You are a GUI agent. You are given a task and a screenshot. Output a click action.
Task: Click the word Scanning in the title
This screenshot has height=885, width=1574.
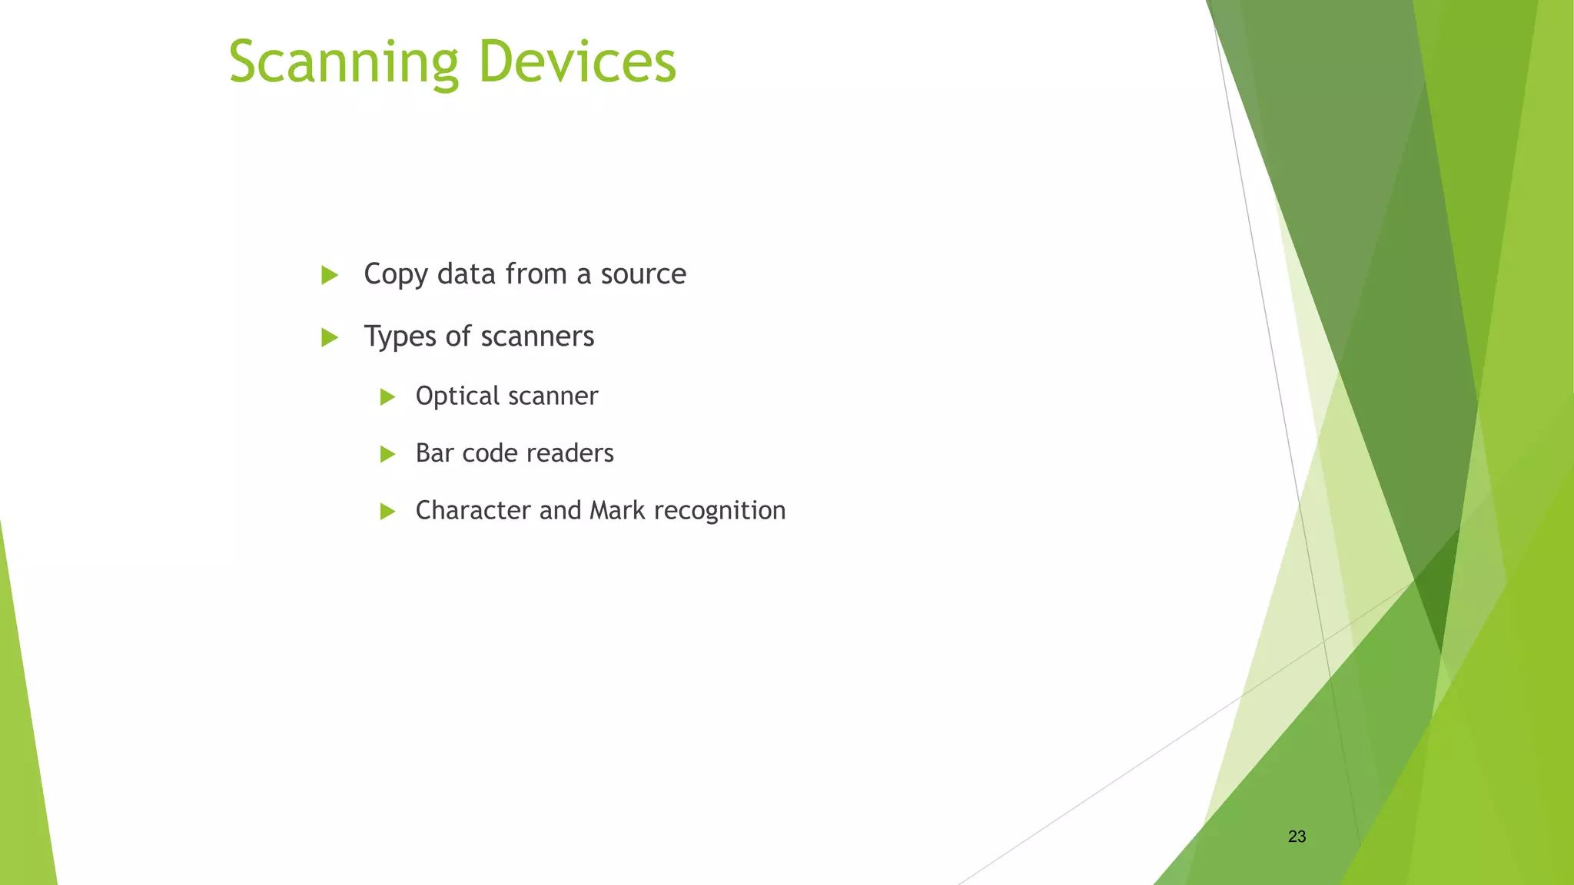tap(344, 63)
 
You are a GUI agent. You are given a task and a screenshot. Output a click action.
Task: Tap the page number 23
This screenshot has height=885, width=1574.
tap(1297, 837)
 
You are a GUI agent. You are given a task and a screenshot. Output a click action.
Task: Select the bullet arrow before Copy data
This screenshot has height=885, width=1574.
tap(330, 275)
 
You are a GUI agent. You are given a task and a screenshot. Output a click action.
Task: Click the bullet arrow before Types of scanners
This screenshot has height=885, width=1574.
tap(330, 337)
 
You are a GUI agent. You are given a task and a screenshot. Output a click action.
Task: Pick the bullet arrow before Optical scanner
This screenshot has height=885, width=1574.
tap(387, 397)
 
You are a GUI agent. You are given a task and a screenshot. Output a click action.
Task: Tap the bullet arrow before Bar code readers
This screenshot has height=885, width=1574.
tap(387, 454)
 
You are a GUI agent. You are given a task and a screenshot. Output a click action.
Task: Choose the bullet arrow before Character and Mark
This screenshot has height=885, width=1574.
tap(387, 512)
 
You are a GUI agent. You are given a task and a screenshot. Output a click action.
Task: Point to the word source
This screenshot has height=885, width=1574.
tap(643, 274)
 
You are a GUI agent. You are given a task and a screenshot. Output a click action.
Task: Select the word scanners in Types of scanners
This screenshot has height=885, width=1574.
tap(537, 336)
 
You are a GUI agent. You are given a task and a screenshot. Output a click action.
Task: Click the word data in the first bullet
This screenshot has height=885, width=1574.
tap(466, 274)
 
